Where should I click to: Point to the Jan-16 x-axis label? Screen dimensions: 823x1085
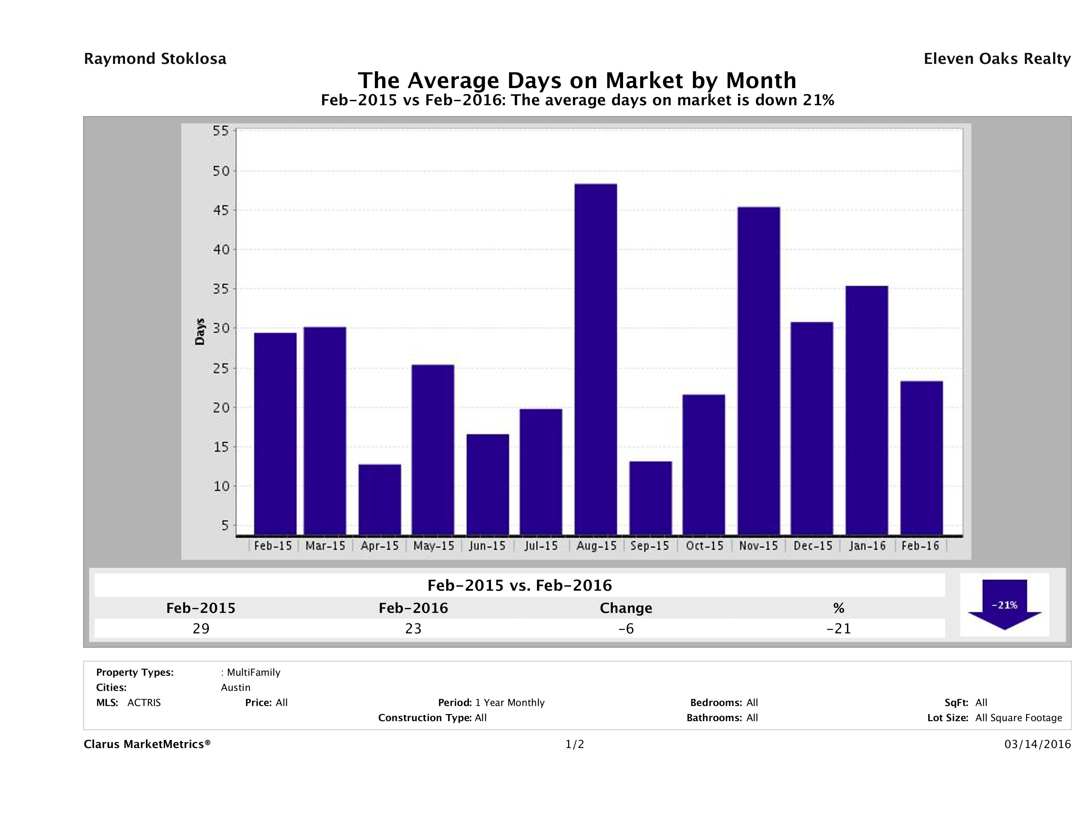point(867,546)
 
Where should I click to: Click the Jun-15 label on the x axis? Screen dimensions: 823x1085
point(487,546)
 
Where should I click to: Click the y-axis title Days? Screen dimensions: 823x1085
point(200,332)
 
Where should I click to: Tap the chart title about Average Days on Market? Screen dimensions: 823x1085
point(577,80)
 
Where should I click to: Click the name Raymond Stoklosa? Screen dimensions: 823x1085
point(155,59)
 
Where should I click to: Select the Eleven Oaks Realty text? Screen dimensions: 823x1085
point(997,59)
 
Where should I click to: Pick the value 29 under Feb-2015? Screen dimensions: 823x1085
point(201,628)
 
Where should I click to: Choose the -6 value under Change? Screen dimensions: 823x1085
point(626,628)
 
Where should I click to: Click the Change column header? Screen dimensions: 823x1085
point(626,608)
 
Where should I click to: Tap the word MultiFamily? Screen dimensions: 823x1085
point(254,672)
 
